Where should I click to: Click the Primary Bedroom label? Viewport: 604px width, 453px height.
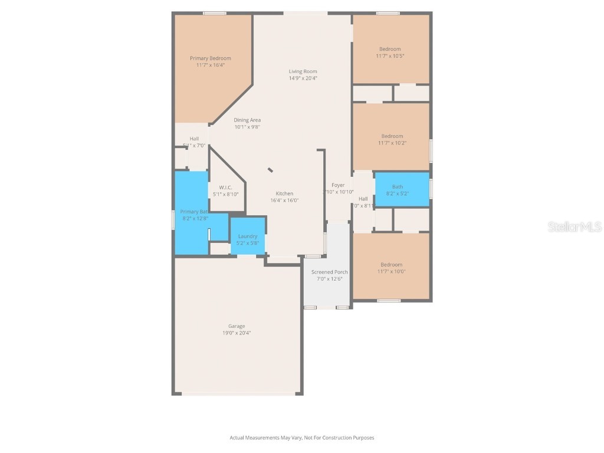210,58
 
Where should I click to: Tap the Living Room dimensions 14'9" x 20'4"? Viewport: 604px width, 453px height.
303,78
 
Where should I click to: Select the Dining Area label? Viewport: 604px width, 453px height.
247,120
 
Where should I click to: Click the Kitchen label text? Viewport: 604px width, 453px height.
284,193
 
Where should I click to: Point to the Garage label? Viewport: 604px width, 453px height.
237,326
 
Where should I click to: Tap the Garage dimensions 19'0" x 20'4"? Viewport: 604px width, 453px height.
237,333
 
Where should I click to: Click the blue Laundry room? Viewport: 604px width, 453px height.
248,237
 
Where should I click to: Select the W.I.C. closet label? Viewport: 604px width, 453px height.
225,188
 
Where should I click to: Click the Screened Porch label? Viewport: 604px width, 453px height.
330,272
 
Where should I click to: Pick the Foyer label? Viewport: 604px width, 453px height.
338,185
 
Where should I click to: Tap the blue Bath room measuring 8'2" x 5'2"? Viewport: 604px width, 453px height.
402,189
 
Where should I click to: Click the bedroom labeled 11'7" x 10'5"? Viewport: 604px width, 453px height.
390,52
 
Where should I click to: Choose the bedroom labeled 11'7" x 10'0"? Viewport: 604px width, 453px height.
391,268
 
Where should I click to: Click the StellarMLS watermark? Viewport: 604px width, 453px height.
574,226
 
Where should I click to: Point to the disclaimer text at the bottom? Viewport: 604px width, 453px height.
302,438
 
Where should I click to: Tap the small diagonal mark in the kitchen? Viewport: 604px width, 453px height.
270,170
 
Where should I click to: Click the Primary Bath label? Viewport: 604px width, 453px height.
194,212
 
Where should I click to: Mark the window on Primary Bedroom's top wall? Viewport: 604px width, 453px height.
215,13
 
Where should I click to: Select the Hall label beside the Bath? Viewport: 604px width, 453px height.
363,199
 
